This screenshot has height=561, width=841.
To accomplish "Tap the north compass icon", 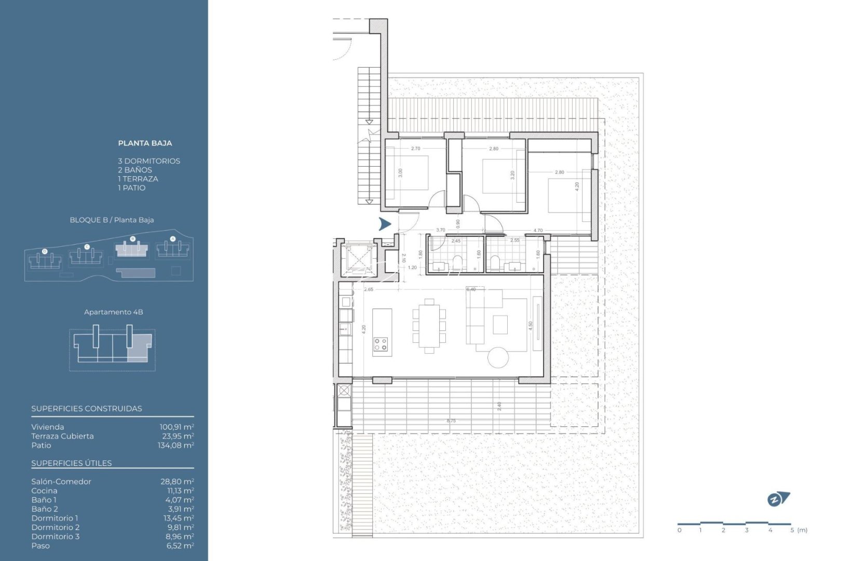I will pyautogui.click(x=778, y=499).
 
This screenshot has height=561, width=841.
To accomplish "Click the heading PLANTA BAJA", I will pyautogui.click(x=145, y=143).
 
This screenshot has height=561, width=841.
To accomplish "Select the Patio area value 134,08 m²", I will pyautogui.click(x=175, y=445).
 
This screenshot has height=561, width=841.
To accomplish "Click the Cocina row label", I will pyautogui.click(x=44, y=490).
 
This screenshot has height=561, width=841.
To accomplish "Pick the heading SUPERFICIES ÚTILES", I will pyautogui.click(x=72, y=463).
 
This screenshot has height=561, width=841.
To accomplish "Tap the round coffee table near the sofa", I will pyautogui.click(x=498, y=357).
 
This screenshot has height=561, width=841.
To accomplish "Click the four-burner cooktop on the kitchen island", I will pyautogui.click(x=381, y=344).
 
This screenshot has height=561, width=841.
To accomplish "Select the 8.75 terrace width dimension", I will pyautogui.click(x=451, y=421).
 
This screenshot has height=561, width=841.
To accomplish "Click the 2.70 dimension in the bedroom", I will pyautogui.click(x=415, y=149).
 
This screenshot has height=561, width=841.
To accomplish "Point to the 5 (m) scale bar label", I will pyautogui.click(x=798, y=530).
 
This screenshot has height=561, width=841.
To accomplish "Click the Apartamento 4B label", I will pyautogui.click(x=113, y=312).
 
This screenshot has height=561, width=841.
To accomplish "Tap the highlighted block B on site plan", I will pyautogui.click(x=132, y=249).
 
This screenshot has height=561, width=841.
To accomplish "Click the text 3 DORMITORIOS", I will pyautogui.click(x=149, y=161).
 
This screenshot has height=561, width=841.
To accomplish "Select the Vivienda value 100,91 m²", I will pyautogui.click(x=177, y=427).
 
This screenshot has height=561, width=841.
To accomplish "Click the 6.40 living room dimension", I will pyautogui.click(x=471, y=289).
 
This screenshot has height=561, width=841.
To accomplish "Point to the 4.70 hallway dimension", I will pyautogui.click(x=538, y=230).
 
